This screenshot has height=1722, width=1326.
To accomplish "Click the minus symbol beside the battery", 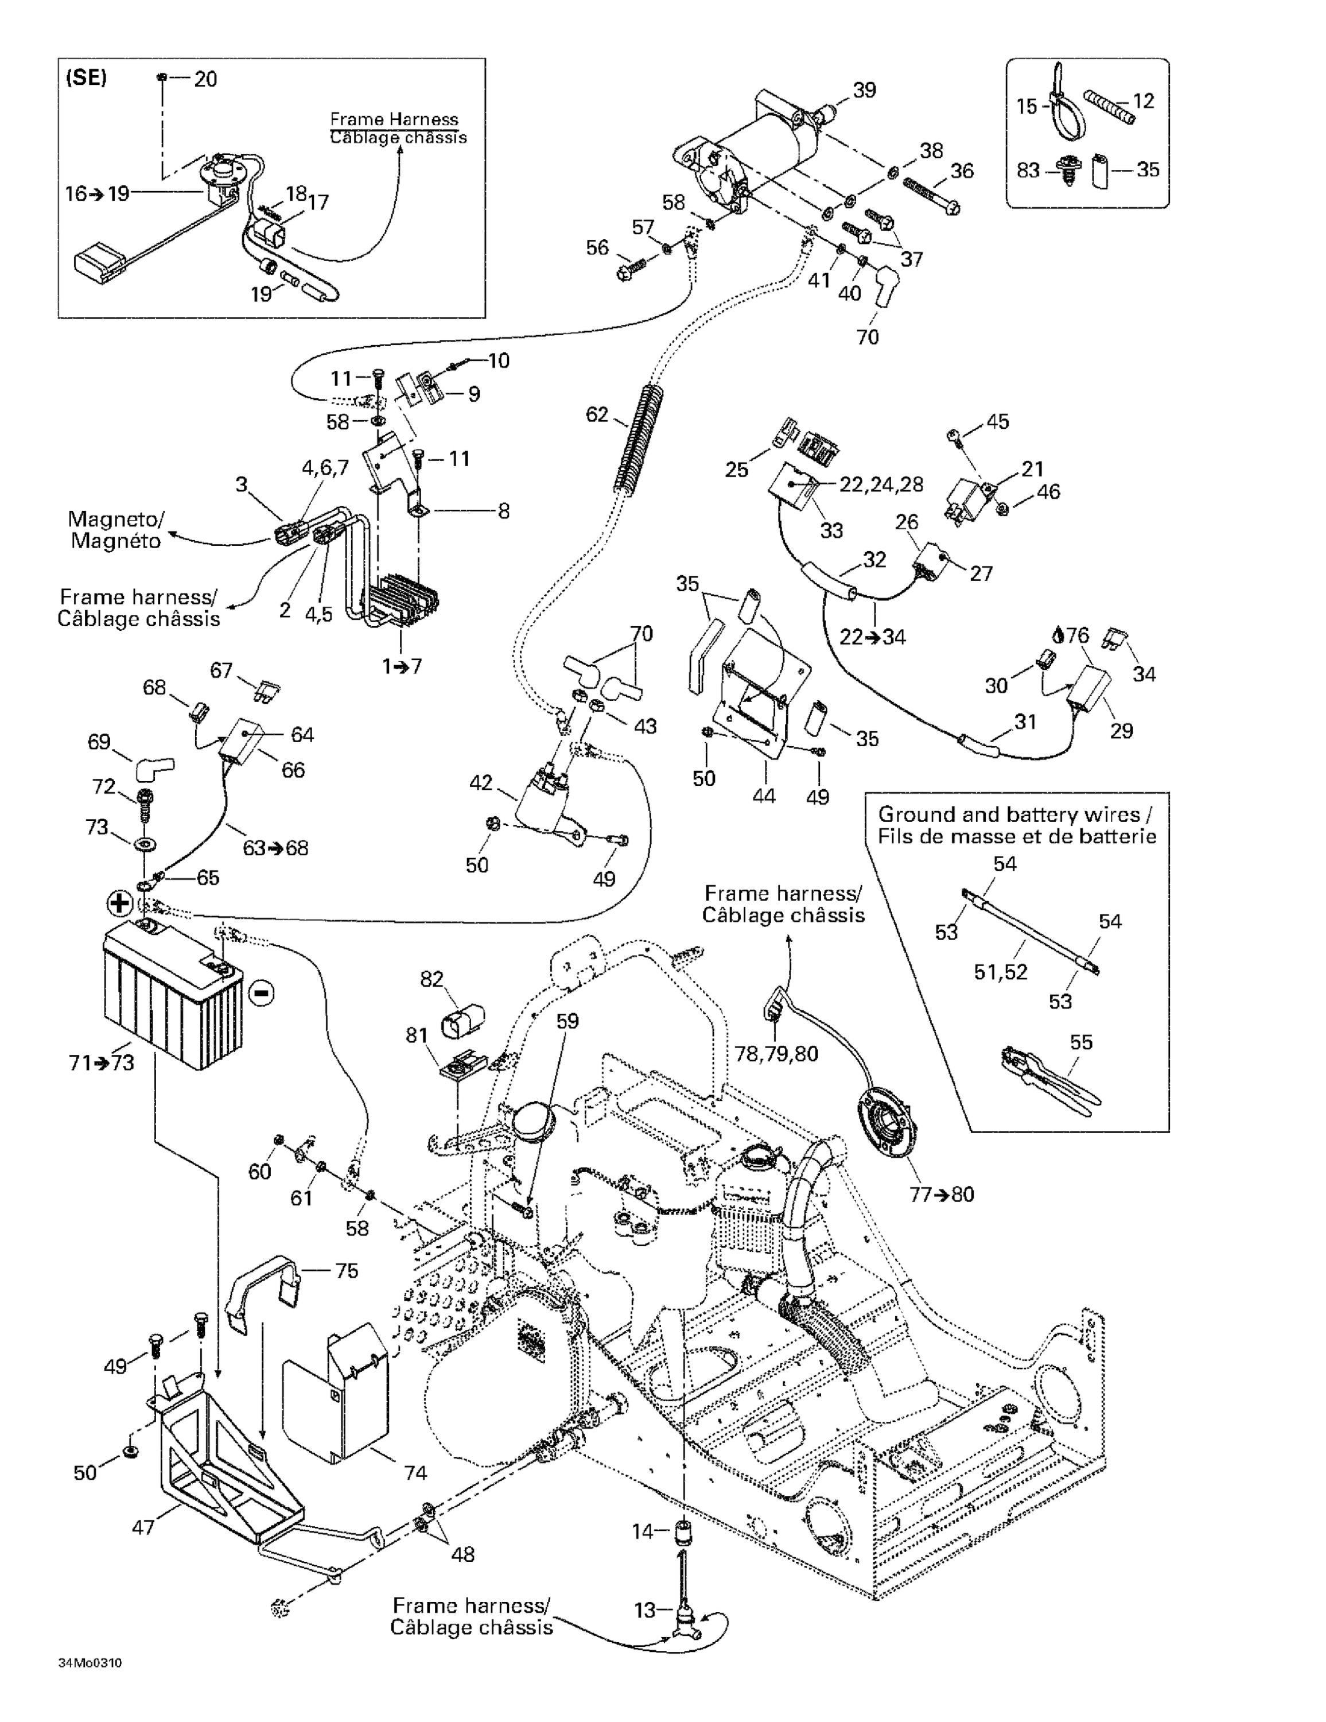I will (x=261, y=992).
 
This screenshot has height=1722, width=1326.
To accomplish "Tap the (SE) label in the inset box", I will (x=86, y=77).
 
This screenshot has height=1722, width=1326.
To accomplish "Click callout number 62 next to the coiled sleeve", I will (x=597, y=414).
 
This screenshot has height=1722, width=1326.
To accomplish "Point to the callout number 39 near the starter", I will (x=864, y=90).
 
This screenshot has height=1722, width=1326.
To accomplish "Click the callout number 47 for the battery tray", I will (x=143, y=1527).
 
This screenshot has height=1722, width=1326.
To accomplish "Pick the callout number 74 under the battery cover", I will (x=415, y=1472).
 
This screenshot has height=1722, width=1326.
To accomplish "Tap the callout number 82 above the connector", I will (x=432, y=979).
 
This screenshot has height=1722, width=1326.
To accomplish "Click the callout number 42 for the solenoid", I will (x=481, y=782).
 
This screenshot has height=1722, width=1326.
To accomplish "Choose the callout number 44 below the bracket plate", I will (x=763, y=796).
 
